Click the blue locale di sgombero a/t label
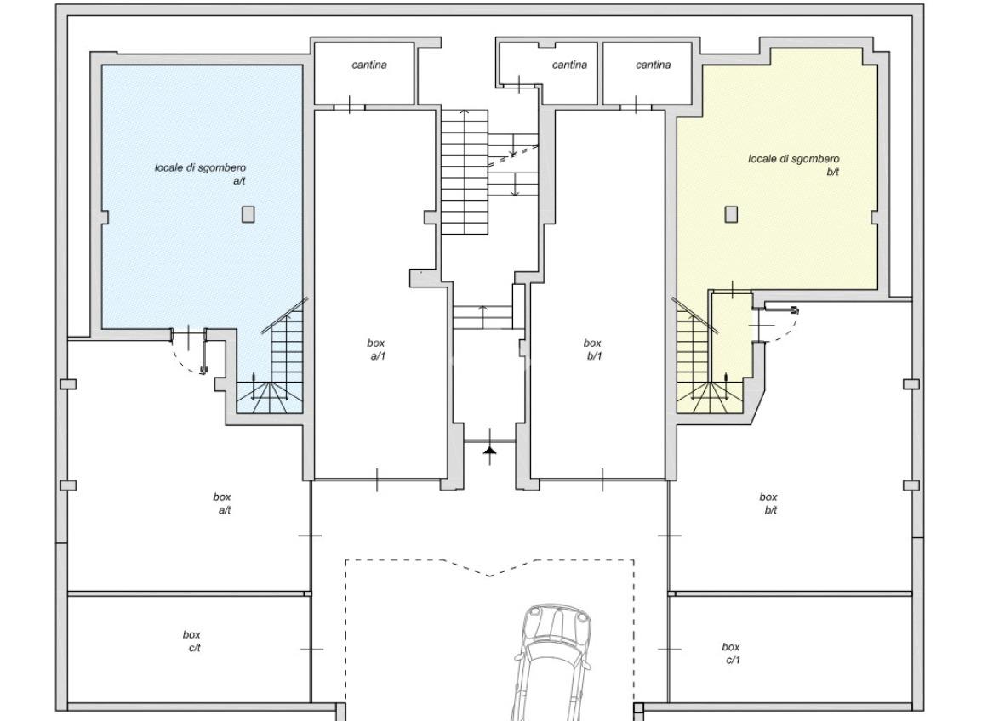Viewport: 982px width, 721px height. coord(201,174)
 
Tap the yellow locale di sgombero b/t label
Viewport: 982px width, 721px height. coord(793,165)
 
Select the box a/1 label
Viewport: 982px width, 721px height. coord(376,349)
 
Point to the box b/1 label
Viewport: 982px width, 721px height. coord(592,349)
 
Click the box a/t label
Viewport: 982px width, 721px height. coord(222,503)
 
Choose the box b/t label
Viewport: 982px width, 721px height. coord(768,503)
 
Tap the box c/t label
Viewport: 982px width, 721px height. coord(192,641)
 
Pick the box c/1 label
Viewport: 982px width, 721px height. coord(731,653)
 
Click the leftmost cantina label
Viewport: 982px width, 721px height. coord(369,65)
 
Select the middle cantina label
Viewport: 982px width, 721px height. coord(570,65)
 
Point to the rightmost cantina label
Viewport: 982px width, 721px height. coord(654,65)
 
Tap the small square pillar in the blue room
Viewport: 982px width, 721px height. coord(248,214)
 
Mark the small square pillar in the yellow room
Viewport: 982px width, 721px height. coord(731,214)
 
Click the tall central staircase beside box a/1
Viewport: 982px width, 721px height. coord(465,172)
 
